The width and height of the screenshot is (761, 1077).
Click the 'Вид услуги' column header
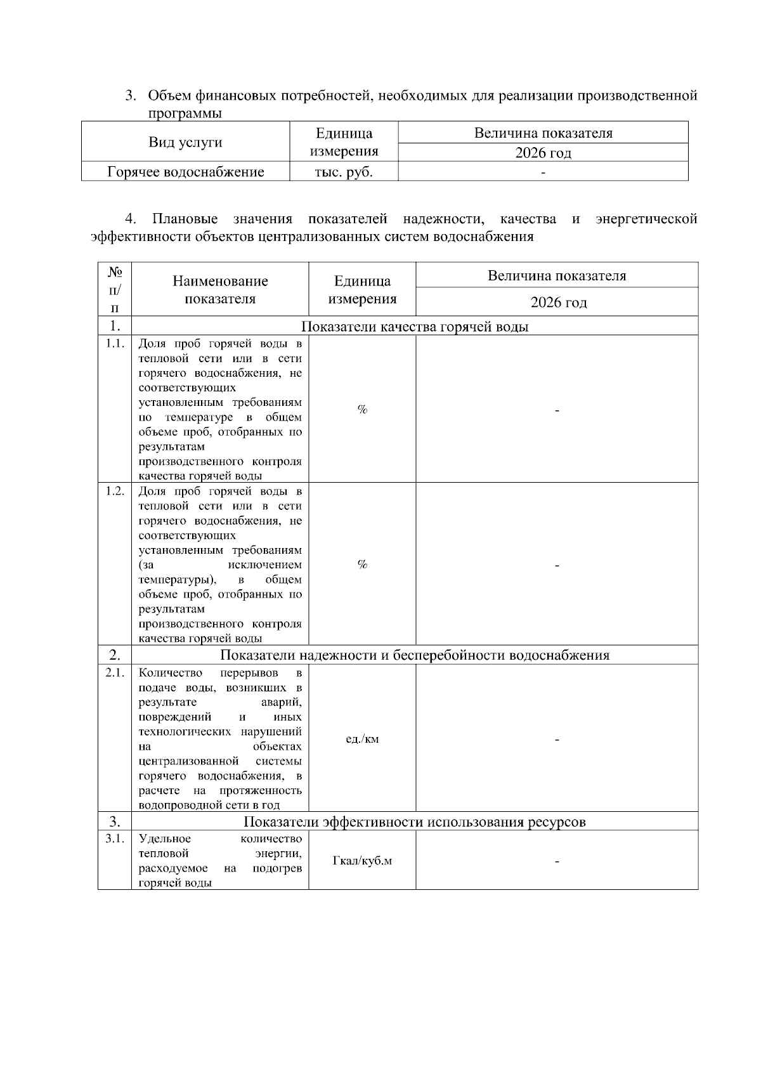(x=185, y=142)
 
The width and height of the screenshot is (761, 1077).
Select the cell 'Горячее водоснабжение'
(x=185, y=172)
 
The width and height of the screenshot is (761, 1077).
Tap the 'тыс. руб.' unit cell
(x=344, y=172)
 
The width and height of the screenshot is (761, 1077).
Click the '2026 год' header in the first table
(x=543, y=153)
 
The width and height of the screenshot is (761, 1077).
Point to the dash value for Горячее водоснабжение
(x=543, y=172)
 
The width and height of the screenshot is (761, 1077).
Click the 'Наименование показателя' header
(x=220, y=289)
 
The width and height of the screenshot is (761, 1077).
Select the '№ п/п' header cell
(x=115, y=289)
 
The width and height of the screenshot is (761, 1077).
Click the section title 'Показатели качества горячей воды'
(x=415, y=327)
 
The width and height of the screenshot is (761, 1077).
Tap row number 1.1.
(x=115, y=344)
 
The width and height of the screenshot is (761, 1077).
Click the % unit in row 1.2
(x=362, y=565)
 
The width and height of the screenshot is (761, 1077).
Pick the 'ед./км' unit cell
(x=362, y=739)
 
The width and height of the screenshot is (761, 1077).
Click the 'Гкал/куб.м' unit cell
(x=362, y=861)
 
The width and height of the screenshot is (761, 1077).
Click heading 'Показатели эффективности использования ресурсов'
(x=415, y=822)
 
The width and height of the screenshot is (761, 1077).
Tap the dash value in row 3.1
(x=557, y=861)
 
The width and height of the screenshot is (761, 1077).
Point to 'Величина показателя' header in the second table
(x=557, y=276)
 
